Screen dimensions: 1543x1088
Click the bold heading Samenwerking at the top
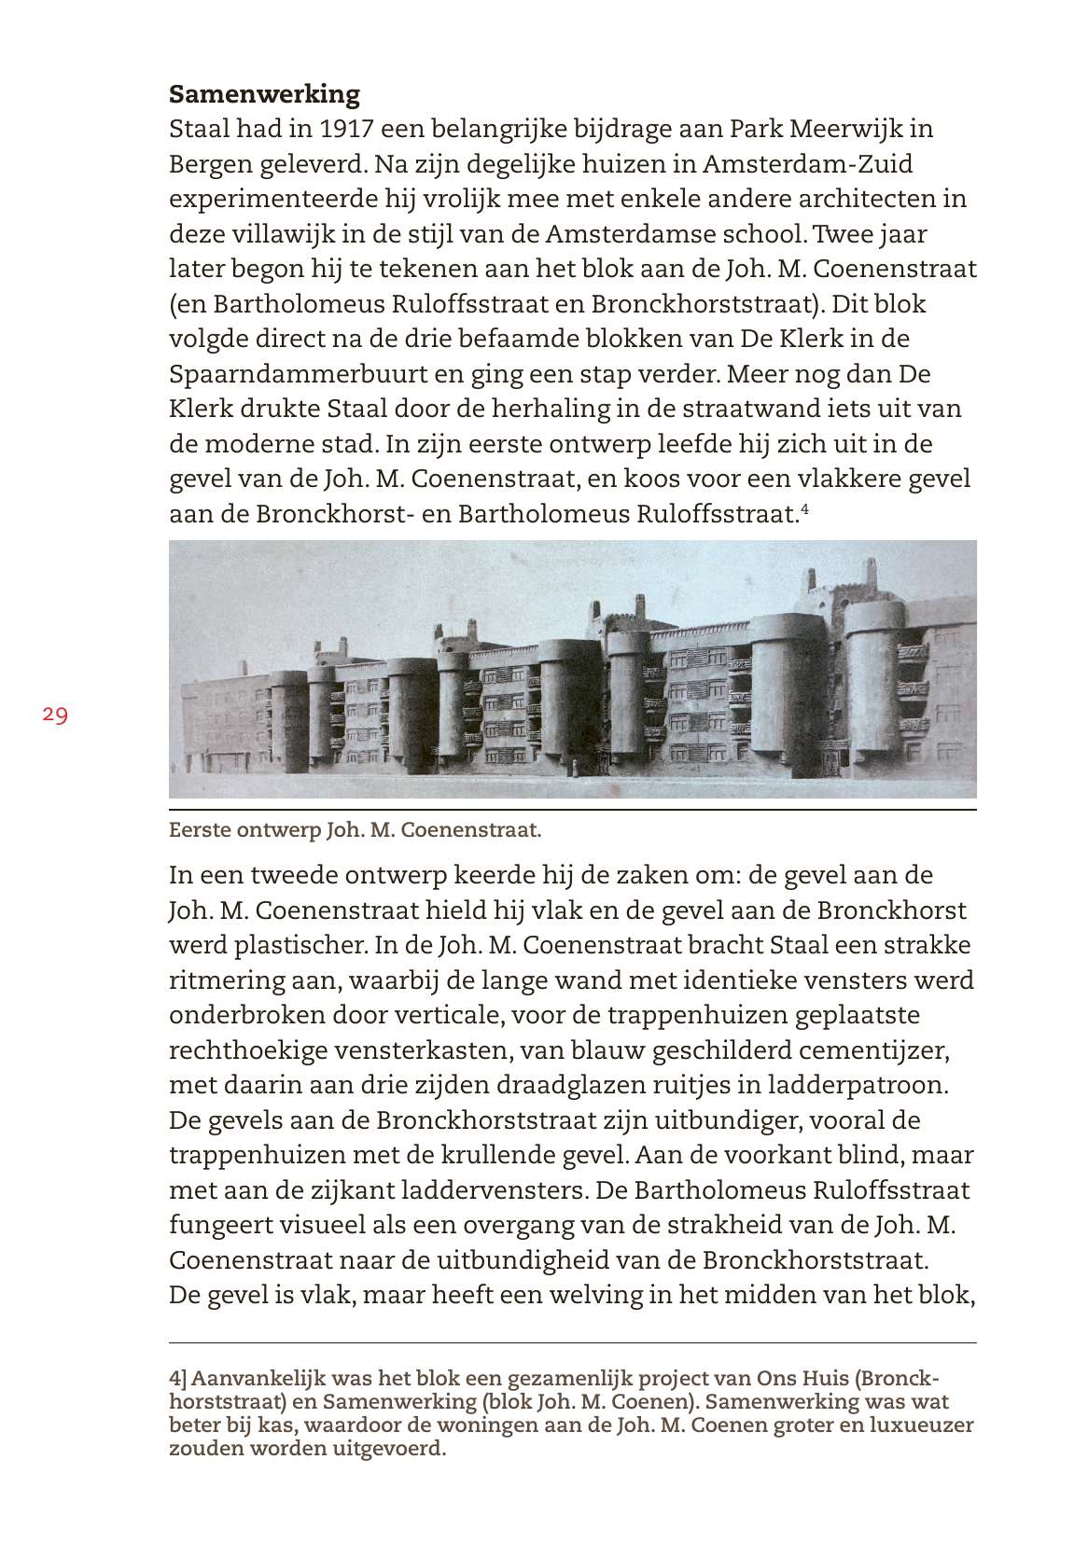pyautogui.click(x=264, y=94)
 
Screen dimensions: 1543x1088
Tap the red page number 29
pyautogui.click(x=55, y=716)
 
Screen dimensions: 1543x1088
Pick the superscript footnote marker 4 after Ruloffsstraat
pyautogui.click(x=804, y=508)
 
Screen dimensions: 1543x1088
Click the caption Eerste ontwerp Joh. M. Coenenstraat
pyautogui.click(x=355, y=829)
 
